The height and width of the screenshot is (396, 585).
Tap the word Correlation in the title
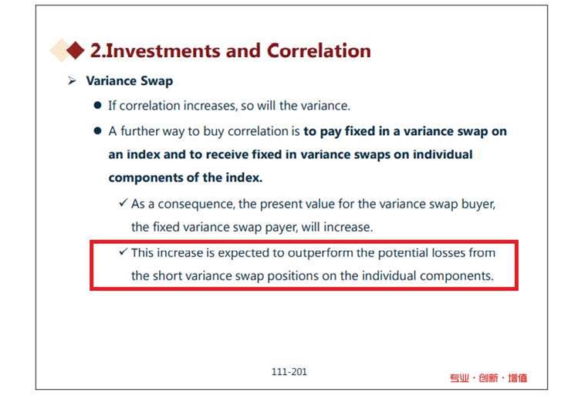pos(319,51)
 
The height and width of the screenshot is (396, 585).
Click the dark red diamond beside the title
pos(76,50)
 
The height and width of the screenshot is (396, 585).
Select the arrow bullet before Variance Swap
pos(72,80)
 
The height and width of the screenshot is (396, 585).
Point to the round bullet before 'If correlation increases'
pos(98,105)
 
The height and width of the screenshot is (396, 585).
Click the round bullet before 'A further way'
pos(98,130)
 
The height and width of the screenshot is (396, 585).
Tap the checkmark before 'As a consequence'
pos(123,203)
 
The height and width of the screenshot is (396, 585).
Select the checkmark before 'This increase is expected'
pos(123,252)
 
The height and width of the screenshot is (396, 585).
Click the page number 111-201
pos(289,372)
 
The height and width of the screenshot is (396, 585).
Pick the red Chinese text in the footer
pos(489,378)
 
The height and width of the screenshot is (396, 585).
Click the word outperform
pos(320,253)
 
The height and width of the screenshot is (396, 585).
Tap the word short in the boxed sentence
pos(167,276)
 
